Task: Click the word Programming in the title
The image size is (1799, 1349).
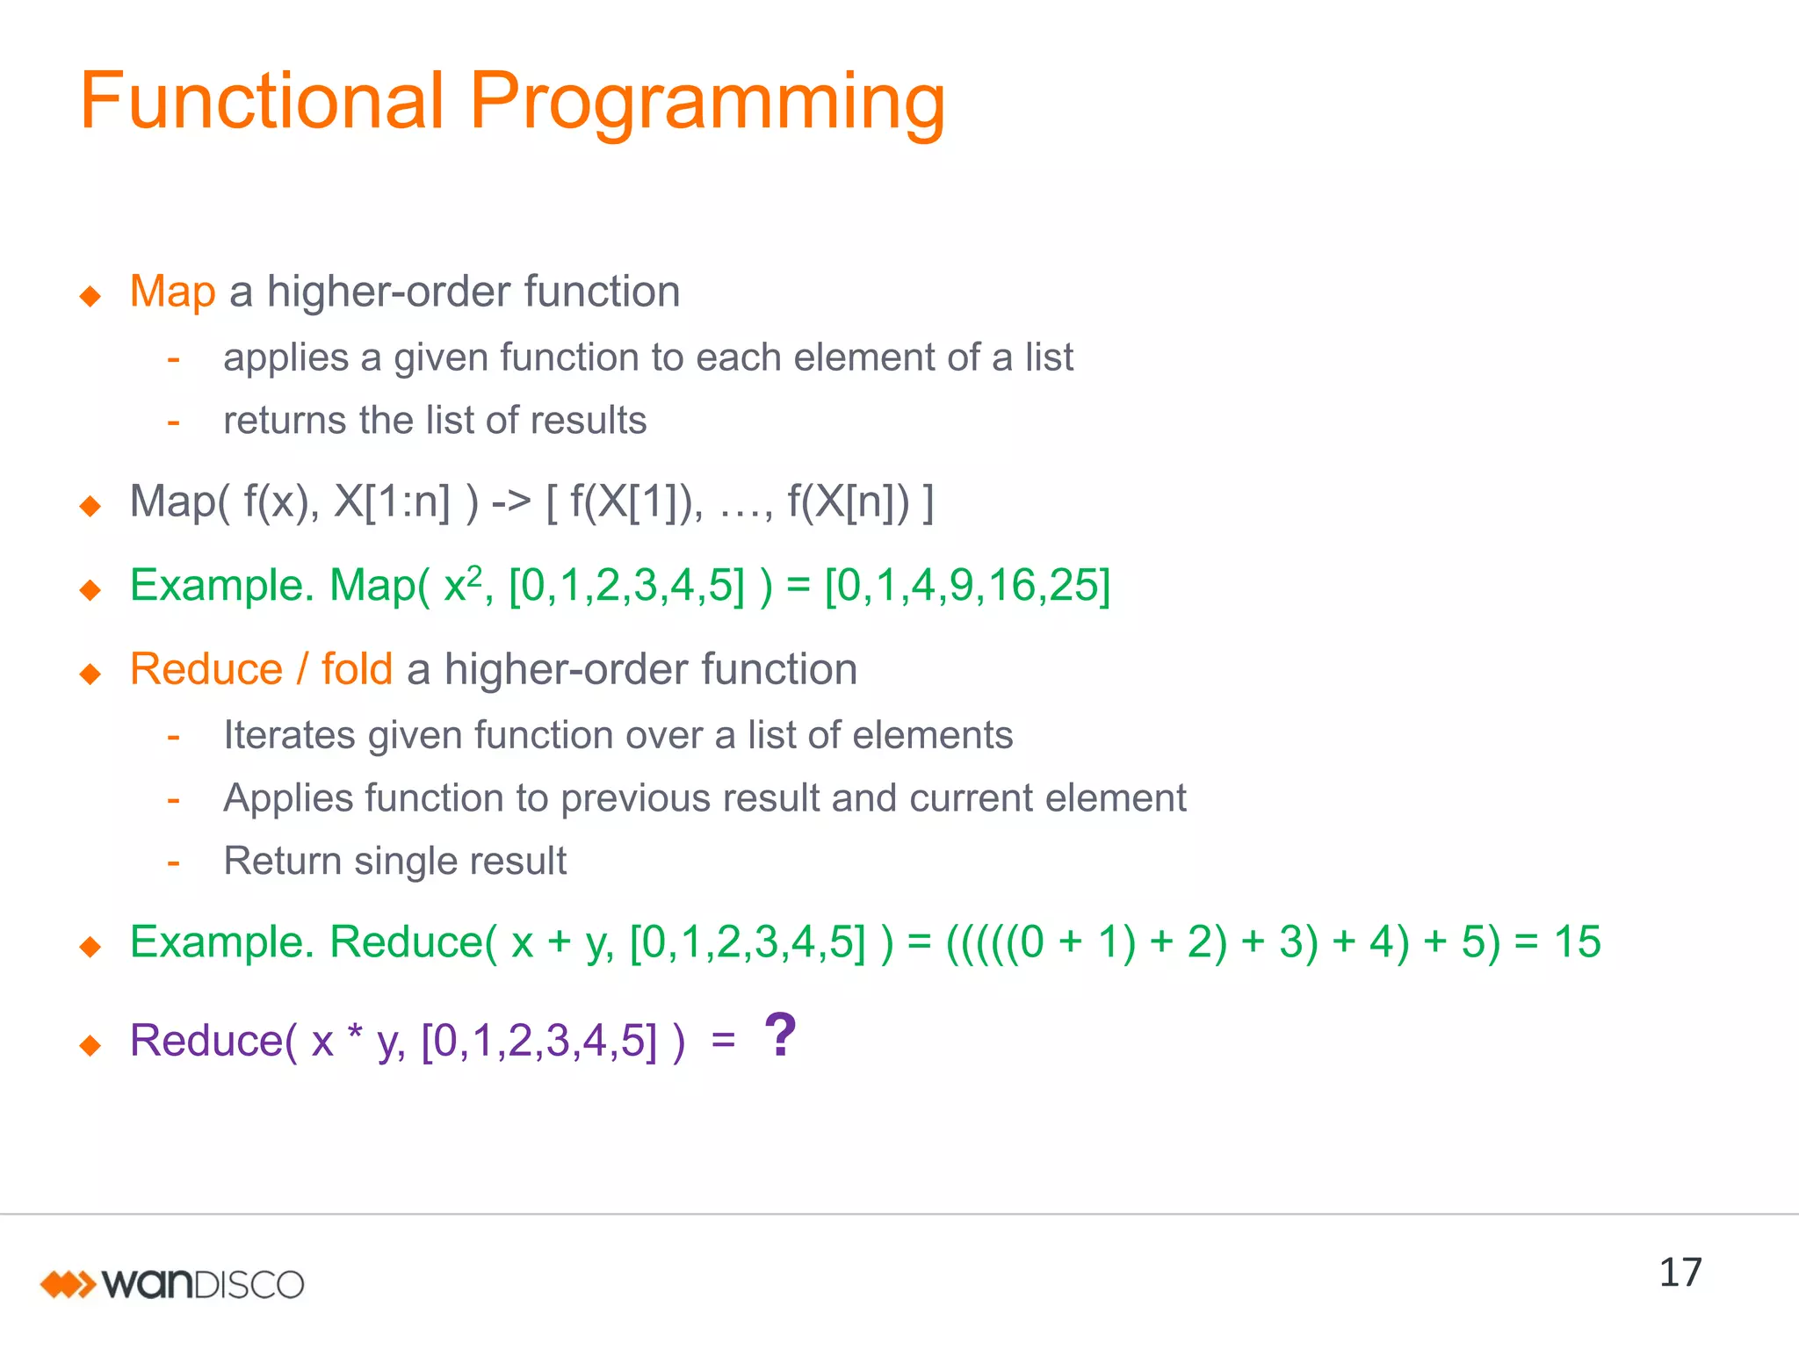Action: click(x=707, y=104)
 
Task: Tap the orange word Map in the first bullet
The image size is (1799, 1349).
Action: click(x=172, y=292)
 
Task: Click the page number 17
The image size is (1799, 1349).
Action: click(x=1680, y=1273)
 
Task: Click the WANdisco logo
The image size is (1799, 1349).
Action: click(x=172, y=1284)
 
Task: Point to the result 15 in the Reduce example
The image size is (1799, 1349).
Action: click(x=1577, y=942)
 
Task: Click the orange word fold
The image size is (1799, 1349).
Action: click(x=357, y=669)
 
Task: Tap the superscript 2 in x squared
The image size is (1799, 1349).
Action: click(x=474, y=574)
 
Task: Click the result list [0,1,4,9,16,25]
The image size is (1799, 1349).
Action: click(x=967, y=586)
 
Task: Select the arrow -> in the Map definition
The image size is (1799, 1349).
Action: click(x=511, y=502)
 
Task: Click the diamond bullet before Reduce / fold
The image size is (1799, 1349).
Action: click(x=90, y=674)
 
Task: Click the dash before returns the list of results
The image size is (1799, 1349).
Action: click(x=174, y=422)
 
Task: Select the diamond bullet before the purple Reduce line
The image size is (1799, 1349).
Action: click(x=90, y=1045)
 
